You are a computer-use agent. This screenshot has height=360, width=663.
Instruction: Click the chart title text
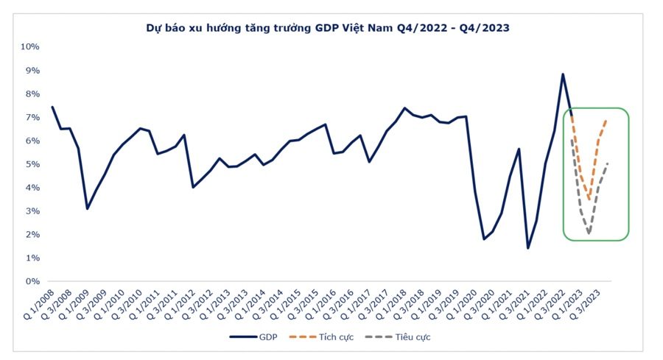pos(328,28)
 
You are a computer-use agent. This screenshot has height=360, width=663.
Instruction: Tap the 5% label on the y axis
pos(32,164)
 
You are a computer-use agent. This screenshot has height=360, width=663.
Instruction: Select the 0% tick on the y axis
pos(32,281)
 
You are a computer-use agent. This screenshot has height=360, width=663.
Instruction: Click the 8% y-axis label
pos(32,93)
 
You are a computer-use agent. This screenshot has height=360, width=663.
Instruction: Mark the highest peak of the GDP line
pos(563,74)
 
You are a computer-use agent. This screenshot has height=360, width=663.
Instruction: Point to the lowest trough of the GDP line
pos(528,247)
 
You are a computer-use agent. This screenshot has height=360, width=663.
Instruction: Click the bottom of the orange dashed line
pos(589,198)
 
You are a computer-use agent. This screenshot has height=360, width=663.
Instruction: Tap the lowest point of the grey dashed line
pos(589,233)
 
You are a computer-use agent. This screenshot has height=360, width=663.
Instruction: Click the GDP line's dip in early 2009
pos(87,208)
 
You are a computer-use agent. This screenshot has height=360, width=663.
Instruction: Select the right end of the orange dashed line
pos(606,120)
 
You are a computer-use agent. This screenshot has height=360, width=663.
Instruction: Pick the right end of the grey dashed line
pos(607,163)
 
